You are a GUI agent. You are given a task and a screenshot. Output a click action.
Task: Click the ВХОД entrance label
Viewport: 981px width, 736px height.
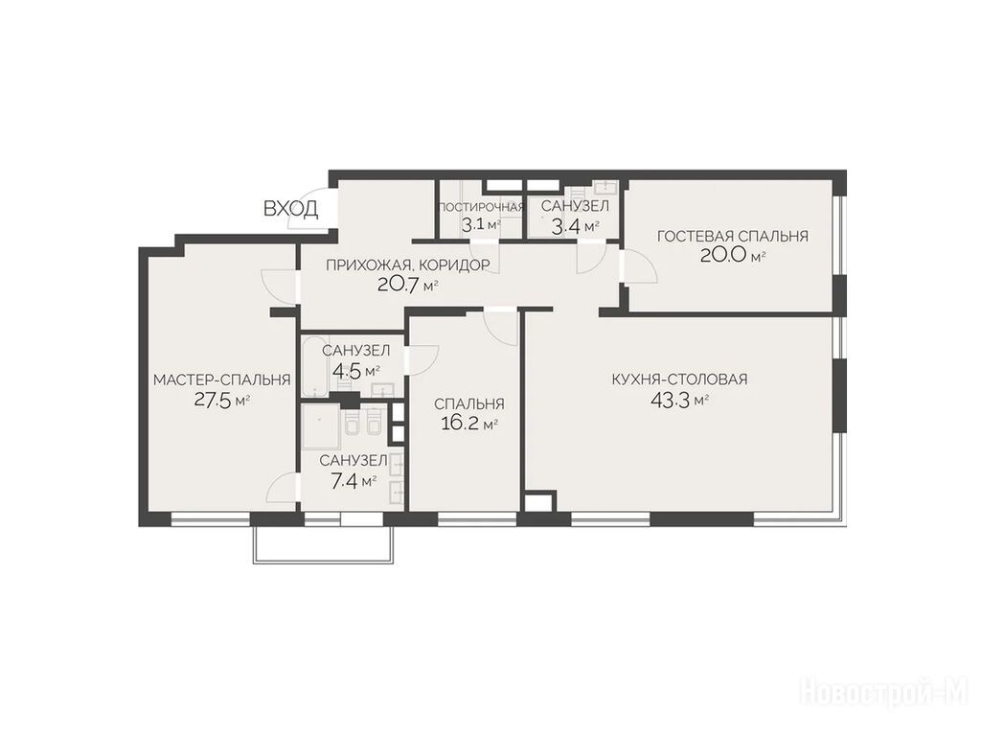(x=290, y=208)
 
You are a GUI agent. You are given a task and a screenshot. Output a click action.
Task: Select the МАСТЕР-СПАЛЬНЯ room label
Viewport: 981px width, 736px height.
(x=222, y=379)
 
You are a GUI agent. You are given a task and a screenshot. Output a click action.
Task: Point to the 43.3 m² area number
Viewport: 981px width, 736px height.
(x=679, y=400)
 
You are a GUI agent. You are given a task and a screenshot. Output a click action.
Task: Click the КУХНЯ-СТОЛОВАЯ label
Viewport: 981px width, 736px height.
(x=679, y=379)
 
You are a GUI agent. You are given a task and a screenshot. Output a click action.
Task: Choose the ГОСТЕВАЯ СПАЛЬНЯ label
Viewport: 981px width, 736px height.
(x=733, y=236)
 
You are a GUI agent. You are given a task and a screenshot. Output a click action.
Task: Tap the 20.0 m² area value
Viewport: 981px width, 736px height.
(x=733, y=256)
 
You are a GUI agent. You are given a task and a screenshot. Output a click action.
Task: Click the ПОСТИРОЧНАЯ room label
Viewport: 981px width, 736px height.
(x=481, y=207)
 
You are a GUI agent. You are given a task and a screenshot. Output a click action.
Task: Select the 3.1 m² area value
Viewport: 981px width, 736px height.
(x=481, y=225)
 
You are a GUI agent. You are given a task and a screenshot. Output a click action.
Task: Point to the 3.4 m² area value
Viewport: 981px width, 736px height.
(x=575, y=226)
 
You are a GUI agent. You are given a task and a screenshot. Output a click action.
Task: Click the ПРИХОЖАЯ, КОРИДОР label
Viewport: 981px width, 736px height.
(x=407, y=265)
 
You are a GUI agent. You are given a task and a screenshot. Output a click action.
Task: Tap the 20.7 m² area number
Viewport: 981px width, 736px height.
(x=407, y=286)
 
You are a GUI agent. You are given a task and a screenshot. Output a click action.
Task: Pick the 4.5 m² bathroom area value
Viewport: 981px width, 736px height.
(x=356, y=372)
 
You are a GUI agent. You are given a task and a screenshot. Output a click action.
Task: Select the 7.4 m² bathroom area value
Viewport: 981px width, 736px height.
(x=353, y=481)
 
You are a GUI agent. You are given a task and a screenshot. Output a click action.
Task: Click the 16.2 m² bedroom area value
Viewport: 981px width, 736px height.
(x=469, y=425)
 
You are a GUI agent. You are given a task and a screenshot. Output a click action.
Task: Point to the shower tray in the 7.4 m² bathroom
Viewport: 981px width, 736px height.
(x=321, y=426)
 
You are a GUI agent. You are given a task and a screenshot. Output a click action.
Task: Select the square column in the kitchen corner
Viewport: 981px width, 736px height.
(x=538, y=502)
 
